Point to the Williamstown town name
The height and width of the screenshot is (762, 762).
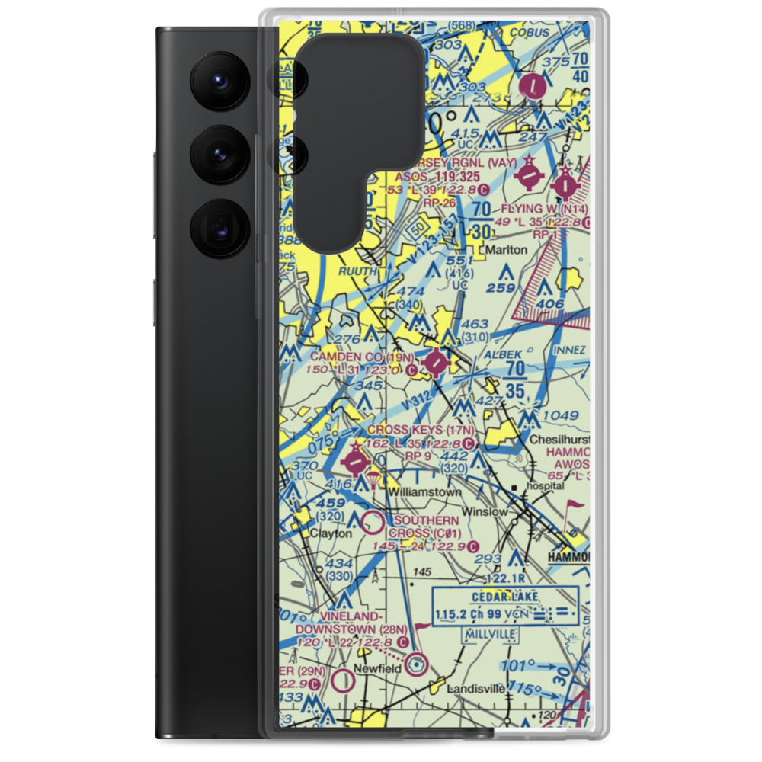(x=424, y=493)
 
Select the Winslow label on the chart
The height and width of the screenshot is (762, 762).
(x=484, y=511)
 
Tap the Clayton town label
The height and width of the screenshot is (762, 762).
(x=331, y=534)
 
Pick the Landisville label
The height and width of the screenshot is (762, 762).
(x=475, y=688)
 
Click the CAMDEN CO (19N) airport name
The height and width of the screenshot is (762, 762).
(x=361, y=357)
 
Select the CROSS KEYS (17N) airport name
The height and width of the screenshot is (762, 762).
(x=421, y=431)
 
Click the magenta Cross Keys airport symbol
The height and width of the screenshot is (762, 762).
(x=355, y=462)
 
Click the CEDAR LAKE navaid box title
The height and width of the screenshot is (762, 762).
(x=504, y=596)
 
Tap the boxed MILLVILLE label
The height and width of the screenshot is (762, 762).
(x=488, y=635)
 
